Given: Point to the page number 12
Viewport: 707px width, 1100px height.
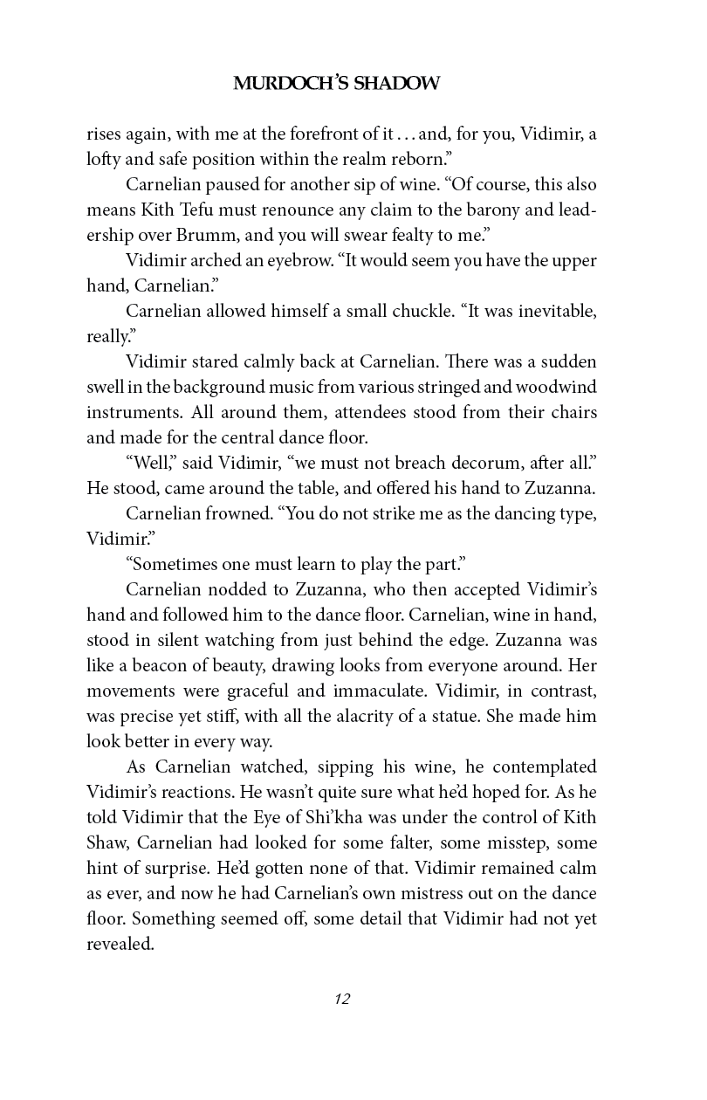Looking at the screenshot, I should pyautogui.click(x=341, y=1000).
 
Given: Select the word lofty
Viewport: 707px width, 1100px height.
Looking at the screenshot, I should pyautogui.click(x=103, y=160).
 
